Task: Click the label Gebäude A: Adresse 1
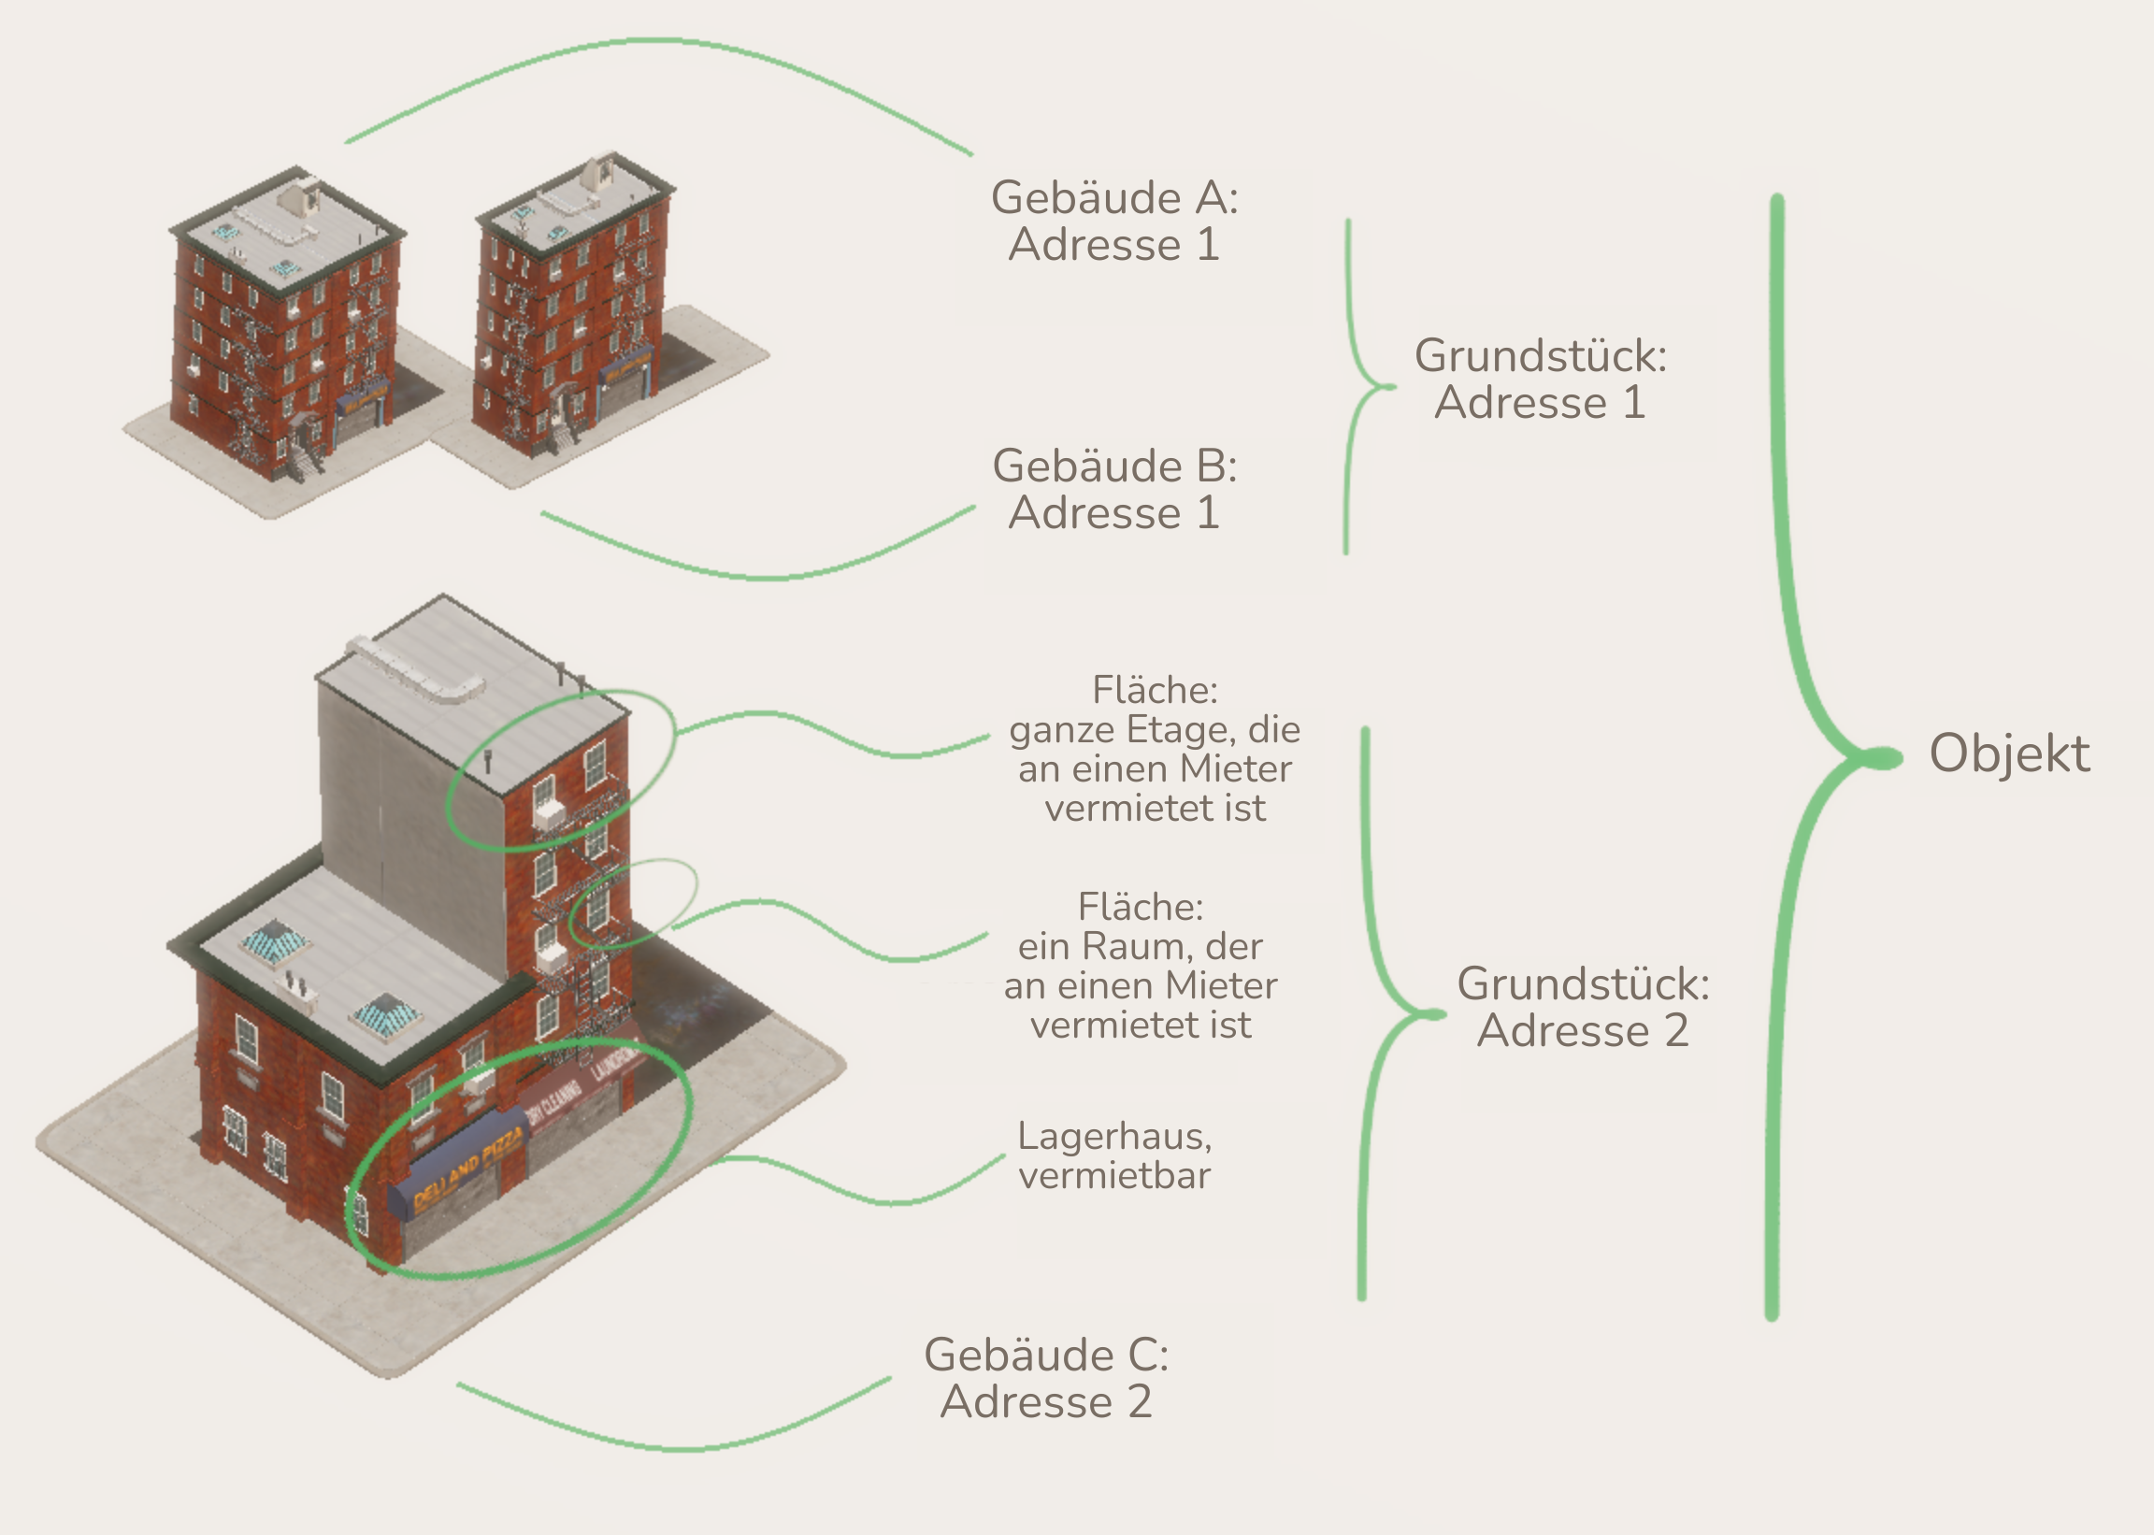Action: pos(1113,222)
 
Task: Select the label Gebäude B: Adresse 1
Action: pos(1113,490)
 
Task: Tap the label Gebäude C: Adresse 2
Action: pos(1045,1378)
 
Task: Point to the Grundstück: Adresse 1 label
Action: pos(1540,379)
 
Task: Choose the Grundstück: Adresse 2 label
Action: pos(1582,1007)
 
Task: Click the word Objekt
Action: pos(2008,754)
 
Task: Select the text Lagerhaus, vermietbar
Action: pos(1114,1156)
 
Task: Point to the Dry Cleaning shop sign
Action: pos(553,1102)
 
